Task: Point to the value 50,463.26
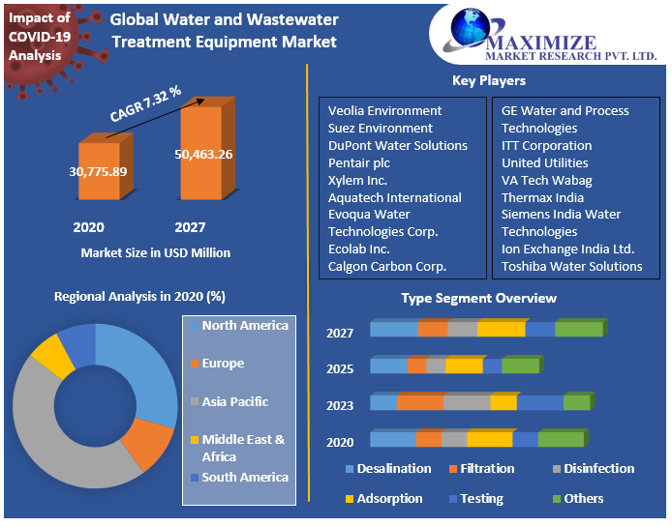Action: click(203, 154)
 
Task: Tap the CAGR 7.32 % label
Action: click(145, 104)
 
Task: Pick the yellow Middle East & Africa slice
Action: click(53, 357)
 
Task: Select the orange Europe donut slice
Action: click(150, 443)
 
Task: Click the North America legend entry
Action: click(245, 326)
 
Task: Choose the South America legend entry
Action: click(245, 478)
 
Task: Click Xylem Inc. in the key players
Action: click(357, 180)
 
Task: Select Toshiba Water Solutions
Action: click(571, 266)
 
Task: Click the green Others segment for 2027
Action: click(578, 330)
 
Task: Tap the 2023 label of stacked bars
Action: click(340, 405)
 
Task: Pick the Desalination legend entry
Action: click(393, 469)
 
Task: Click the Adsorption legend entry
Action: click(389, 499)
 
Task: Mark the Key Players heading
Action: click(489, 81)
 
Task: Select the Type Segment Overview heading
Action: click(479, 298)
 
